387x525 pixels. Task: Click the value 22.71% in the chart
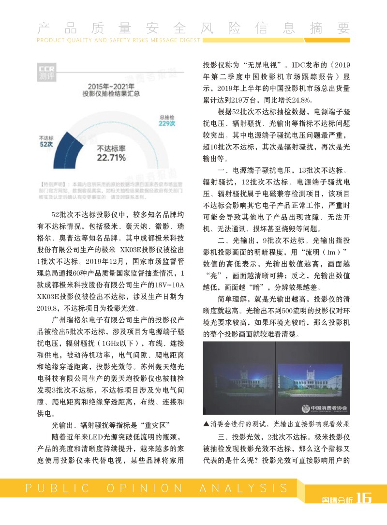pos(111,158)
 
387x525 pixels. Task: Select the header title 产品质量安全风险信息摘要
pos(193,28)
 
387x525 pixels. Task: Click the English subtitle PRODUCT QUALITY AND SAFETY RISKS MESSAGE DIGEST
pos(119,41)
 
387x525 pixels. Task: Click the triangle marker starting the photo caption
pos(207,424)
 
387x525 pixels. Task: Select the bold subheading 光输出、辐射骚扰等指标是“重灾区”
pos(109,425)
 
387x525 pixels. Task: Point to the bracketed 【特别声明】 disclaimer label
pos(50,184)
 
